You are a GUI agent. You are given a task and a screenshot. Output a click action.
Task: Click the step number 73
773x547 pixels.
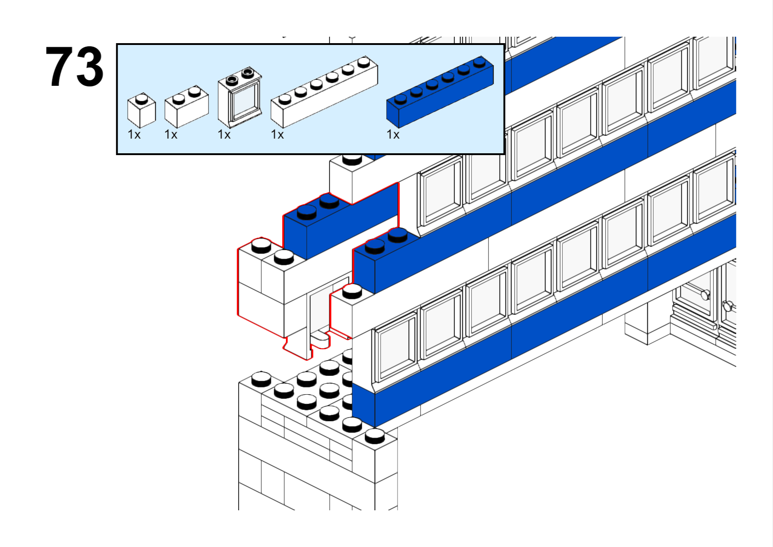tap(74, 67)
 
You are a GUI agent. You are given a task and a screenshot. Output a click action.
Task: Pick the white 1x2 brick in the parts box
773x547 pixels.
tap(186, 106)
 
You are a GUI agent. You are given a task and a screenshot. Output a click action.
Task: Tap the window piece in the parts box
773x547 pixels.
tap(240, 98)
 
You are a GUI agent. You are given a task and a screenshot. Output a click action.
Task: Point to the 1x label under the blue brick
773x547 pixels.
tap(393, 134)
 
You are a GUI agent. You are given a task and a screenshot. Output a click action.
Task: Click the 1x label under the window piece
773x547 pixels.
tap(224, 134)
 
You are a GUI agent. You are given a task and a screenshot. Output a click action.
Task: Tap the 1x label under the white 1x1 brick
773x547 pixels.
tap(134, 134)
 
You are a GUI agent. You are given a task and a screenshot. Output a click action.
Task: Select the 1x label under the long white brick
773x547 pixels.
tap(277, 134)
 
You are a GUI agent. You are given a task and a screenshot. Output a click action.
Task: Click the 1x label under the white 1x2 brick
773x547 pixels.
tap(171, 134)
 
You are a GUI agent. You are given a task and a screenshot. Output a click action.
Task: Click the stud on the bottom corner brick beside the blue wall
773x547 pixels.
tap(375, 435)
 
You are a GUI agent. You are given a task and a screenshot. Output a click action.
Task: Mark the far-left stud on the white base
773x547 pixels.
tap(261, 378)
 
